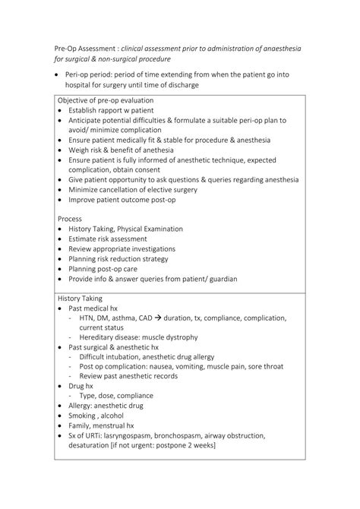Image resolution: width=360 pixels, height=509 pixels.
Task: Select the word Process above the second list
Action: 70,218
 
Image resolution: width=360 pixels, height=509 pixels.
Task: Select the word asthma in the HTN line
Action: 126,318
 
